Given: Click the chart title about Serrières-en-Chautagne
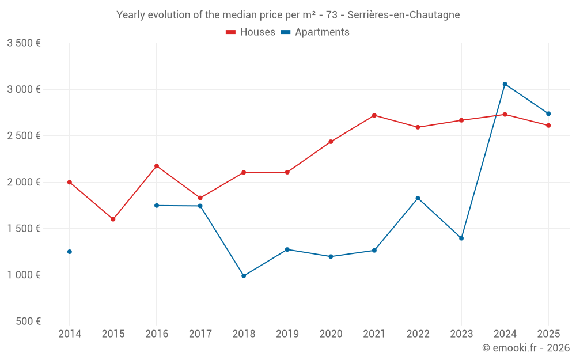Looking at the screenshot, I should point(288,15).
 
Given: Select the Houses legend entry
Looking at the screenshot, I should point(251,32).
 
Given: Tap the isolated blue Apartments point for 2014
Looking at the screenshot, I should point(70,252).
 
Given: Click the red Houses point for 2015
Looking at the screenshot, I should point(113,219).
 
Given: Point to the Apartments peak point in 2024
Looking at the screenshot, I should point(505,84).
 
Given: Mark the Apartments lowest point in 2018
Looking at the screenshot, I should point(244,276).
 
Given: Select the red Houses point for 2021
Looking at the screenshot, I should point(374,115).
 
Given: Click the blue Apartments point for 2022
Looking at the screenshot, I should point(418,198).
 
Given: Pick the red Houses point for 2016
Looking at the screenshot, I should point(157,166).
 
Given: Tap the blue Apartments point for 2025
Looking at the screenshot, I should point(548,113).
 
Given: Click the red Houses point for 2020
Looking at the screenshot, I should point(331,142).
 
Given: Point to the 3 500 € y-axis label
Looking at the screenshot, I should point(24,43).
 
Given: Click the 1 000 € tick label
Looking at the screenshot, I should point(24,275).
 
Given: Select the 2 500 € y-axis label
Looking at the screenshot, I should point(24,136).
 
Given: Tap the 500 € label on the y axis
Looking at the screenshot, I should point(27,321).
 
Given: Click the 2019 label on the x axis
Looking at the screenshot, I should point(287,334).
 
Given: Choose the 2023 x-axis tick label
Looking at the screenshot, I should point(461,334).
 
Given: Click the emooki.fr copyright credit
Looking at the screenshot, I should point(525,348).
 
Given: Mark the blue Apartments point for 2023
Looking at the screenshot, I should point(461,238).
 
